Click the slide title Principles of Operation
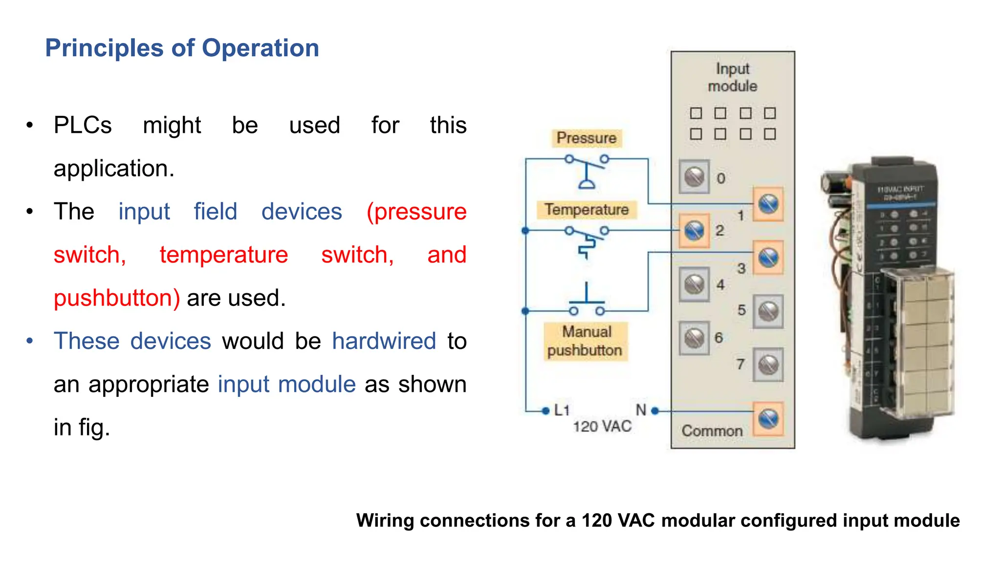(x=182, y=48)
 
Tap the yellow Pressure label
(x=586, y=138)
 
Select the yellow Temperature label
(x=586, y=209)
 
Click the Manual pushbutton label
(x=585, y=341)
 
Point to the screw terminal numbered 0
(x=694, y=177)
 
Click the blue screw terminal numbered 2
(x=694, y=231)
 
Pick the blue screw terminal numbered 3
(x=768, y=257)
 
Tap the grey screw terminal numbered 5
(x=768, y=311)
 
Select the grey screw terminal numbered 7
(x=768, y=365)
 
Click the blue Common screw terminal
(x=768, y=419)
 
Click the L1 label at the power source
(x=562, y=410)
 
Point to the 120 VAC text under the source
(x=602, y=427)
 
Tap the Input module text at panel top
(x=732, y=77)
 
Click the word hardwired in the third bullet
(x=384, y=341)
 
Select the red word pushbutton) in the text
(x=117, y=298)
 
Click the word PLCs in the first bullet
(x=83, y=125)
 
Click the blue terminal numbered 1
(x=768, y=204)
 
